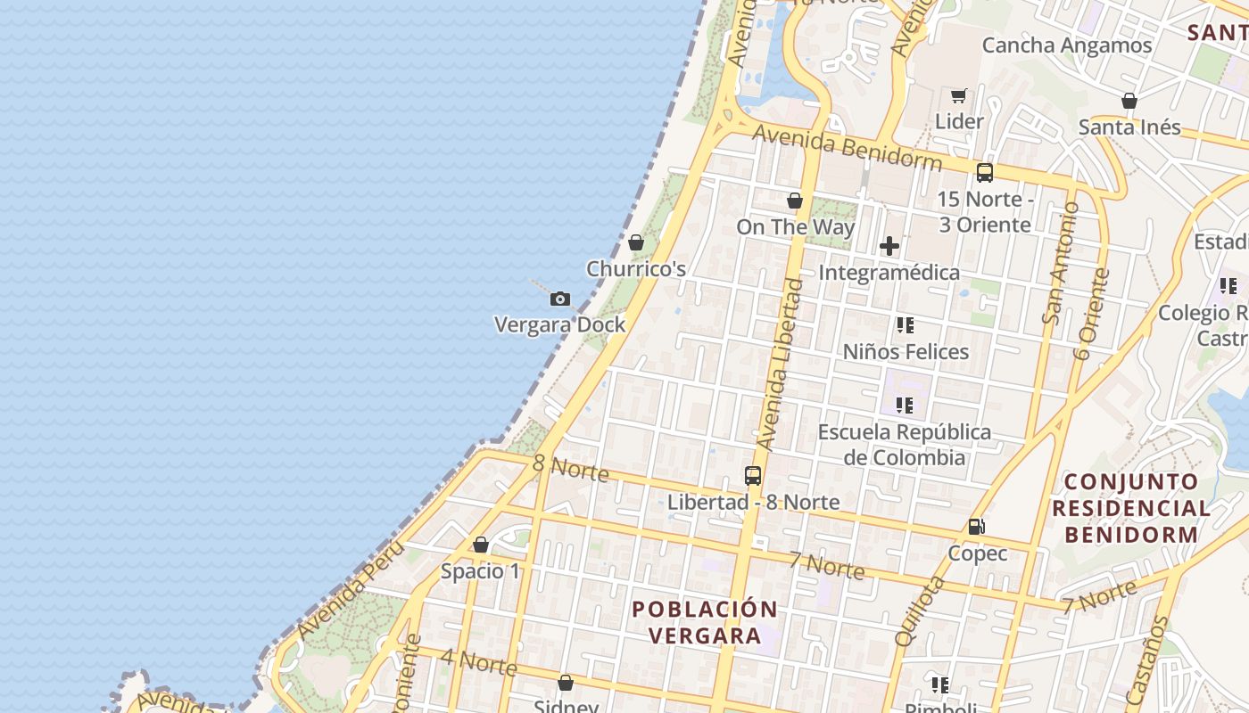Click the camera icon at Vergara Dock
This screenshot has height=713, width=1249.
(559, 299)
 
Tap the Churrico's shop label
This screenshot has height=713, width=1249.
(635, 268)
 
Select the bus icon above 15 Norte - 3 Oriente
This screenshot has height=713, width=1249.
(984, 173)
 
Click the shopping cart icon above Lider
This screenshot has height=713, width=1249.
(959, 95)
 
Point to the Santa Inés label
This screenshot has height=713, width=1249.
(1129, 127)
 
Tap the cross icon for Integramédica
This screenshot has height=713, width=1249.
(889, 246)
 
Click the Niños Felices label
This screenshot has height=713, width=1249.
(906, 352)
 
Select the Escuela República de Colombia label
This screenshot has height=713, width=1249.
(905, 445)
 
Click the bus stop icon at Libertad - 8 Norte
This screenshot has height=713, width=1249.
(753, 475)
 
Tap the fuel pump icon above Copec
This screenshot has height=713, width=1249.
(977, 527)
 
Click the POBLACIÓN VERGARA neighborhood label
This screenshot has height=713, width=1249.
(705, 622)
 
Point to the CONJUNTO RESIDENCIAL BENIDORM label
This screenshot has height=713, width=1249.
(1130, 508)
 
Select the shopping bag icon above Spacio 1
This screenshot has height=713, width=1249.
(481, 545)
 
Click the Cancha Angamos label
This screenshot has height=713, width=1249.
(1066, 45)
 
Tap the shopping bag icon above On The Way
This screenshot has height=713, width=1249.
(794, 201)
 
